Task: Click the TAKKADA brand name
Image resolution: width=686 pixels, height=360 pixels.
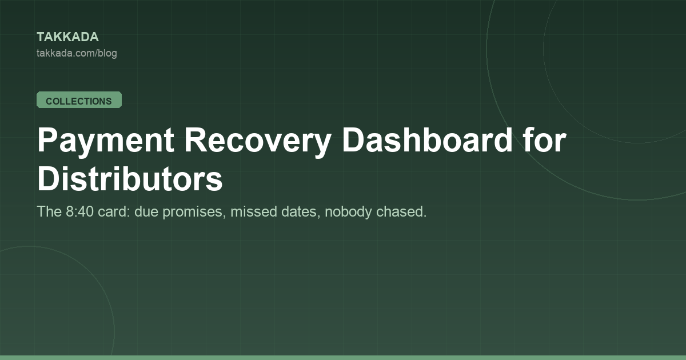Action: point(67,37)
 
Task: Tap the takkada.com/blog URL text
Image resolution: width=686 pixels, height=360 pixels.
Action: point(77,53)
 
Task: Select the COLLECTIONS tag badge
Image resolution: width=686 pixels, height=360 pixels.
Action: point(79,100)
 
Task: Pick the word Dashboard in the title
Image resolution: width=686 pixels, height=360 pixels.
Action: point(427,139)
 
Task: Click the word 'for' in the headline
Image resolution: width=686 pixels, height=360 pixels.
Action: point(545,139)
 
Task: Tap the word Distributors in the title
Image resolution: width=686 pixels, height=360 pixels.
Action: point(130,178)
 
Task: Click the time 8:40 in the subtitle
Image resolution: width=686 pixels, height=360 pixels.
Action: point(79,211)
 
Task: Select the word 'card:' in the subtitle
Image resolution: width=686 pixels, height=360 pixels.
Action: point(114,211)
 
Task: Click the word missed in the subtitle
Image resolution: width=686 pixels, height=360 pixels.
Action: point(254,211)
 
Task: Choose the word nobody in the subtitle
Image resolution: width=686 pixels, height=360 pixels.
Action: point(348,212)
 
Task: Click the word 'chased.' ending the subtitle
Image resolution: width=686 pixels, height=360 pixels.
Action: point(401,211)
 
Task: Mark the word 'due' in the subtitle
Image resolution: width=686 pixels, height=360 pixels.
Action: point(146,211)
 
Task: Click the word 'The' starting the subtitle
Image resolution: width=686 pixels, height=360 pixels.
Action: point(49,211)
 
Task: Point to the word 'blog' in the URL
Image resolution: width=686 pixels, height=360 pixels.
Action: point(107,54)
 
